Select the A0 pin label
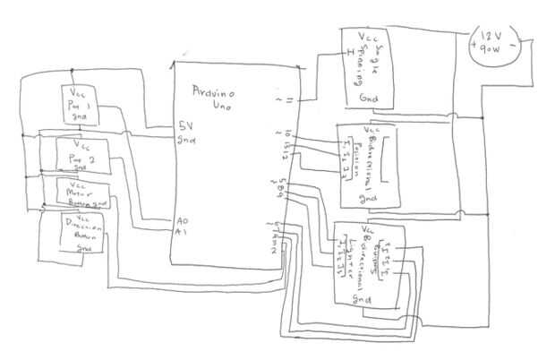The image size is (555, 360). [181, 219]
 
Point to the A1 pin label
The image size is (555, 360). [182, 231]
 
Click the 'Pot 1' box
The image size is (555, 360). [80, 107]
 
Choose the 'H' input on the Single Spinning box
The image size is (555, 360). [349, 51]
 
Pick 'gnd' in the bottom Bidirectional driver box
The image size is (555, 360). [363, 298]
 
